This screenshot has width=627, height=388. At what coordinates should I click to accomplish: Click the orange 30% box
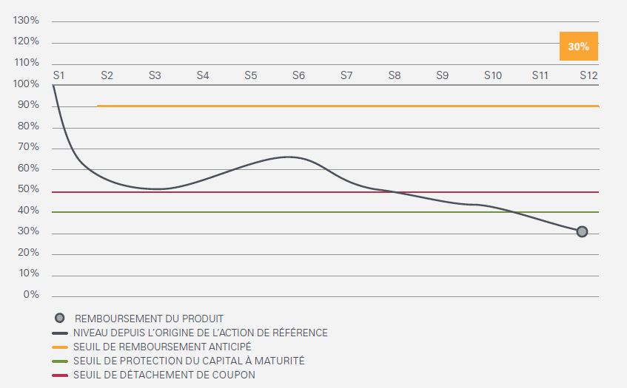578,46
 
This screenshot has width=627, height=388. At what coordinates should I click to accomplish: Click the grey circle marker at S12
582,231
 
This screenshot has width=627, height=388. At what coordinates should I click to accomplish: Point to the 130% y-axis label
26,21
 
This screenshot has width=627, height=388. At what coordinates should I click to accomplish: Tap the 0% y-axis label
30,295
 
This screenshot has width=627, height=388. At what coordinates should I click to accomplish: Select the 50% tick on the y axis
28,189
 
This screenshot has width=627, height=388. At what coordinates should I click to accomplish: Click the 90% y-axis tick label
28,105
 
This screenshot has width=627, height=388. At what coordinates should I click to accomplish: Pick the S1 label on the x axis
59,75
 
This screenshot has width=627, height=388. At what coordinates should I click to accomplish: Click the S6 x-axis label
298,75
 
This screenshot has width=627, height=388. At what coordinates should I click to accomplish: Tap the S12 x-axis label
589,75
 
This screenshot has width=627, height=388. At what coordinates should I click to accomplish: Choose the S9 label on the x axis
442,75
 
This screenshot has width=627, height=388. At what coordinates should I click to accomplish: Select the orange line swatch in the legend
59,347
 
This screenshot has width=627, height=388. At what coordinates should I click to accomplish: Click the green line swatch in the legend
59,361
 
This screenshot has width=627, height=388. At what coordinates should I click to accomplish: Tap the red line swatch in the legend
59,375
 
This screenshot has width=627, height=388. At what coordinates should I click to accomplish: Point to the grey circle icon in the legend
59,319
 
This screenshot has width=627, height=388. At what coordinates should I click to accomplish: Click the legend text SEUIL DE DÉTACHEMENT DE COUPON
164,375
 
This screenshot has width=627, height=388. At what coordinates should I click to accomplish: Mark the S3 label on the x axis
155,75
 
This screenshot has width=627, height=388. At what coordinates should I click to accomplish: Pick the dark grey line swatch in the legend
59,333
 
